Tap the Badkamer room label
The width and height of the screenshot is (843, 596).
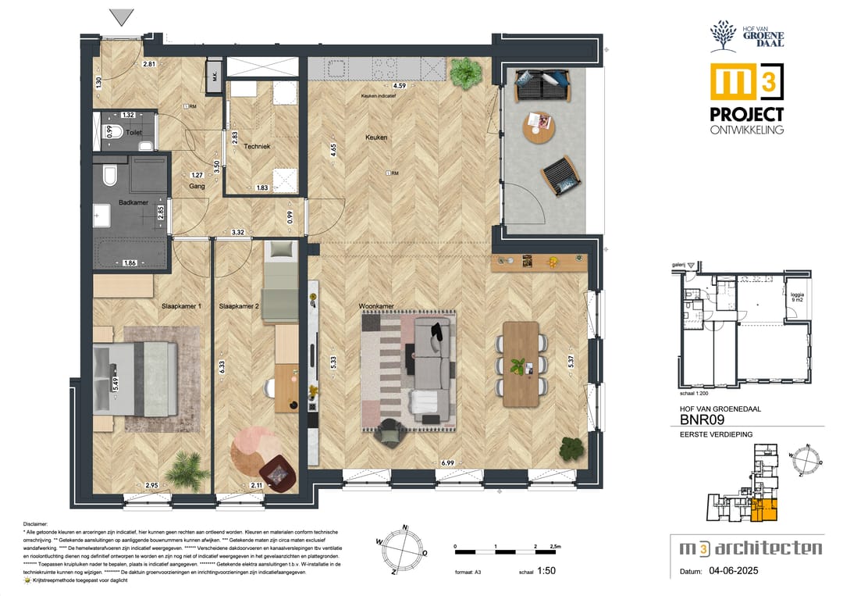coord(133,202)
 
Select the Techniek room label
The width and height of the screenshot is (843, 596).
coord(256,146)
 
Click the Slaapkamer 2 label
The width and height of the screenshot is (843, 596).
coord(239,306)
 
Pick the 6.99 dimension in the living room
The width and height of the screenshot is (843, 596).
coord(447,463)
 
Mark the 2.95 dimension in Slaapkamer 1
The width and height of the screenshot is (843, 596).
coord(152,486)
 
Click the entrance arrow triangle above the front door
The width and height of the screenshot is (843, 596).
coord(123,16)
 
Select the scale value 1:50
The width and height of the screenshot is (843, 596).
coord(548,572)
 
